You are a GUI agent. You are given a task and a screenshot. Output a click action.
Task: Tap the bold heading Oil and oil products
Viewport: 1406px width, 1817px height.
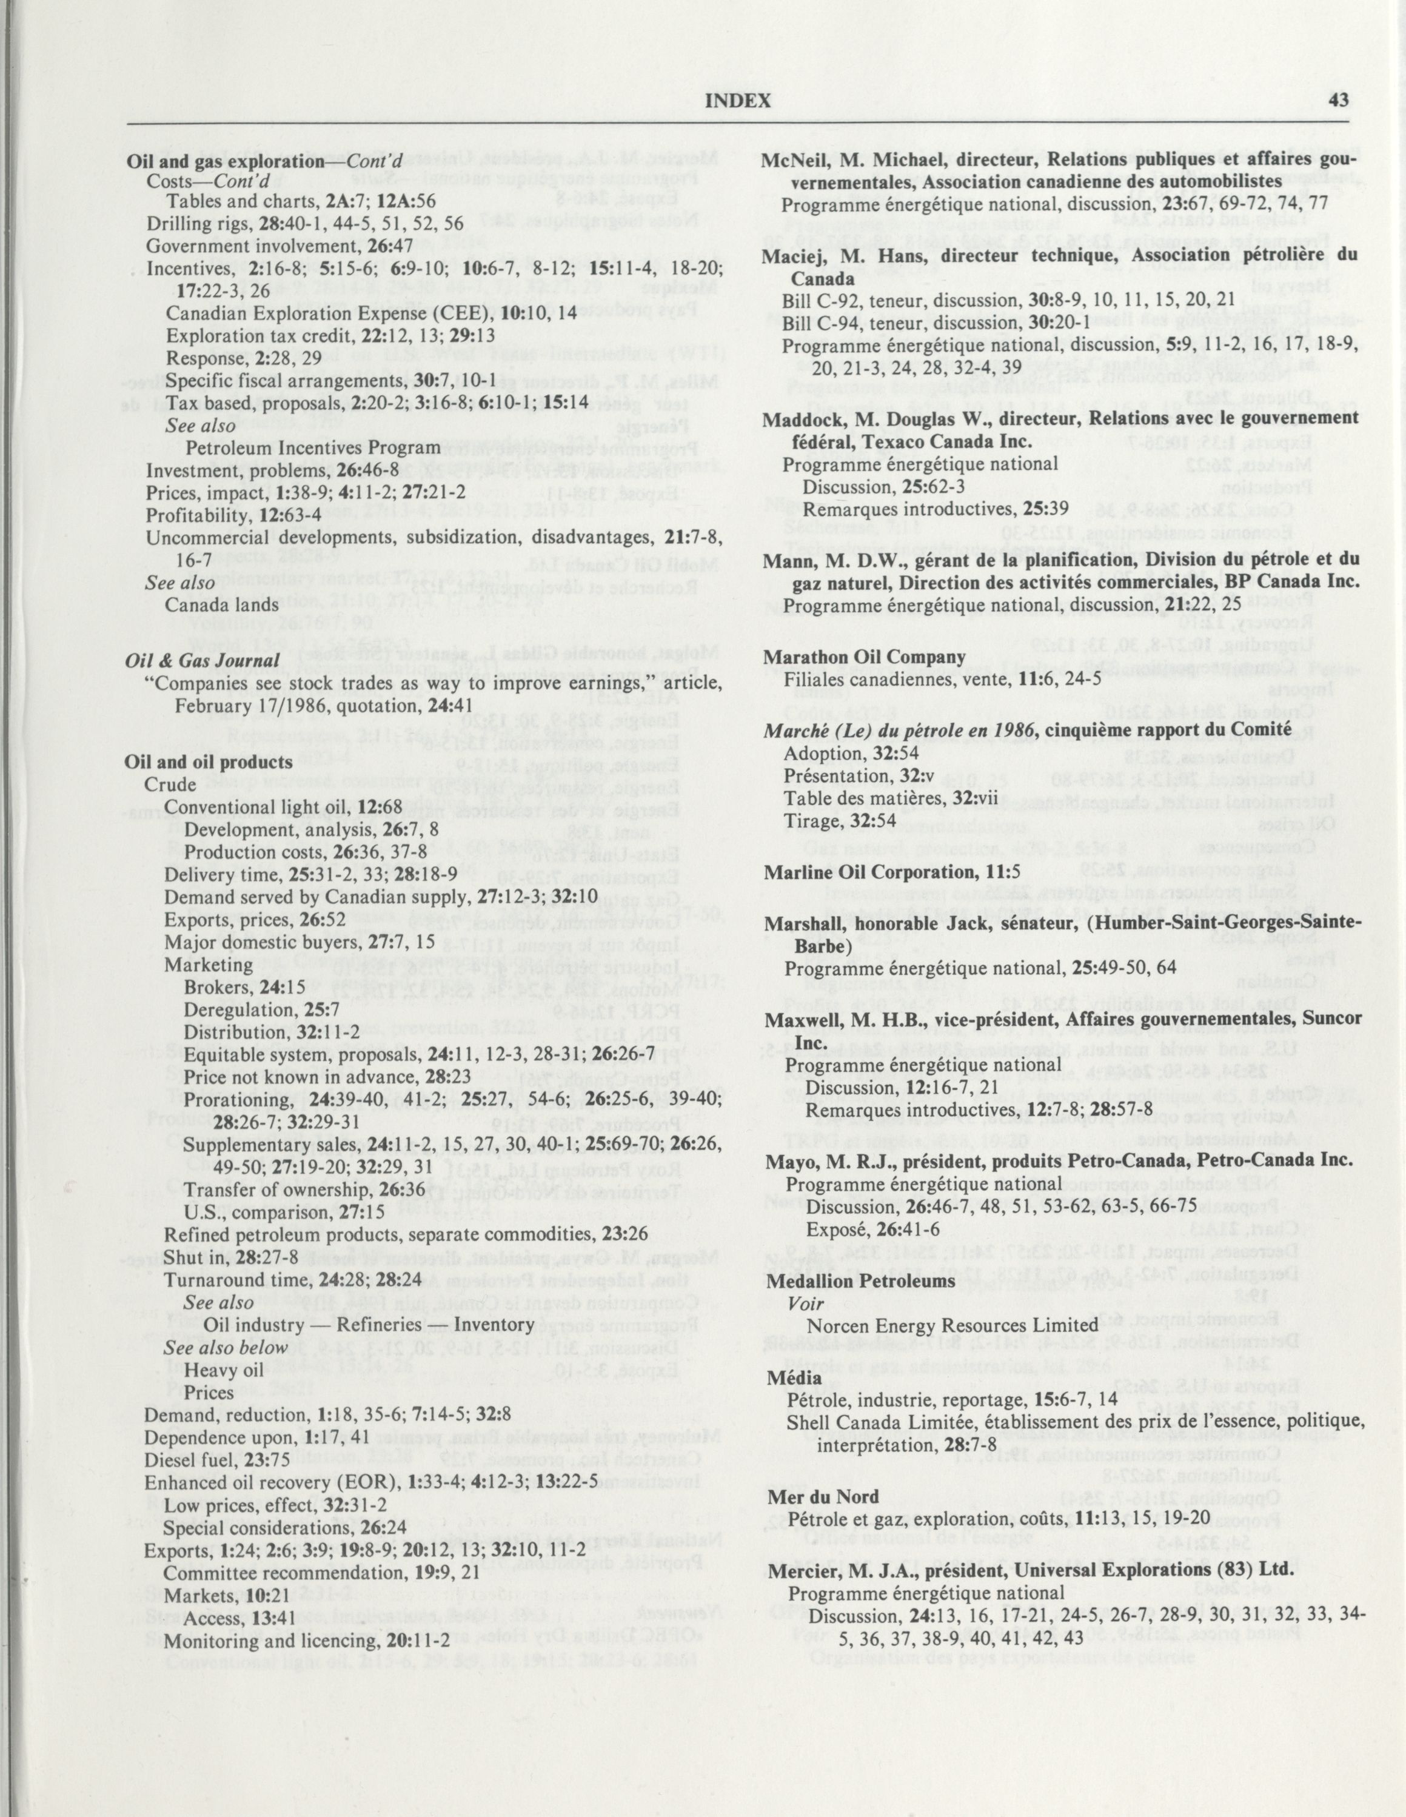point(208,762)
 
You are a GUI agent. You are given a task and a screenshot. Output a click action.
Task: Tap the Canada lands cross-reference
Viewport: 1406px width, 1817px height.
point(222,606)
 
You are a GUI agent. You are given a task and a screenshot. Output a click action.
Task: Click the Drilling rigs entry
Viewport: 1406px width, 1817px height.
point(304,224)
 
